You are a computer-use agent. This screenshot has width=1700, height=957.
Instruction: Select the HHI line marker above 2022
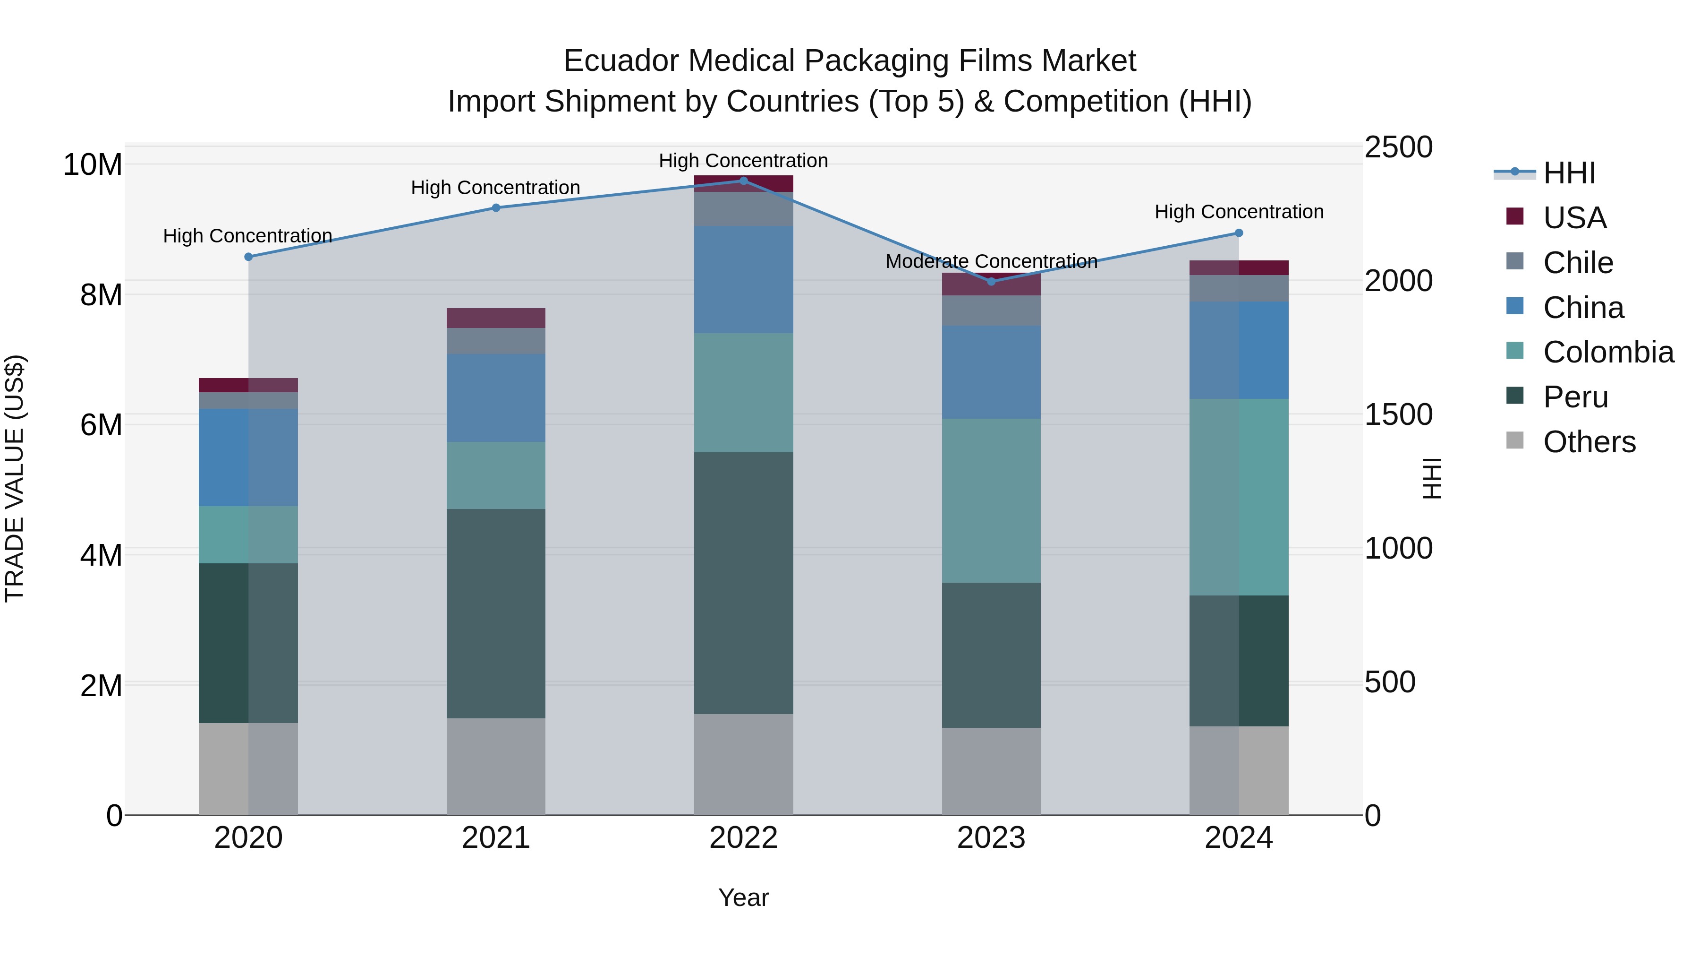[743, 181]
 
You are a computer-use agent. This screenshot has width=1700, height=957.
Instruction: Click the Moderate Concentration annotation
[991, 261]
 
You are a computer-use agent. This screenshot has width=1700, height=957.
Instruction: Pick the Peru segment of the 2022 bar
[743, 583]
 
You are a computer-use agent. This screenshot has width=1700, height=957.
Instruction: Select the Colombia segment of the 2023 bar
[991, 500]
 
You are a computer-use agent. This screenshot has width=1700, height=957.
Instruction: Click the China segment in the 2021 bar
[496, 397]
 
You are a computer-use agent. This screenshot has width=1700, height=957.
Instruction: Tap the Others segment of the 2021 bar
[496, 766]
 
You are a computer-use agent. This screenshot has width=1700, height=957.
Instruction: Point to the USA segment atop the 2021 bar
[496, 318]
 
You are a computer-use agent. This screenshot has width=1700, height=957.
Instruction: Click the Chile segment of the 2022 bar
[743, 209]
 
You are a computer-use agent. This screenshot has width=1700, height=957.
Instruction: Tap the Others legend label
[1589, 442]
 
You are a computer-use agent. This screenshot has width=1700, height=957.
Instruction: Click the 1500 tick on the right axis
[1398, 415]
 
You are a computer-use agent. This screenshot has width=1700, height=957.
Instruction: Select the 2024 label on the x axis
[1238, 838]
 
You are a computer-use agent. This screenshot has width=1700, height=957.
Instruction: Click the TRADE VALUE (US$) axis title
[15, 478]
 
